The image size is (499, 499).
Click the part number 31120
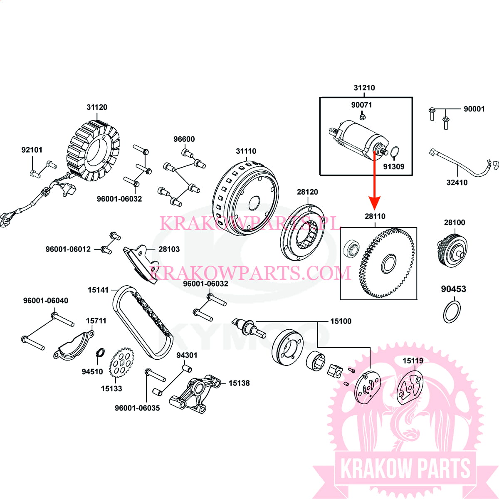coord(97,107)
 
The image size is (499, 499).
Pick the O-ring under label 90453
coord(452,312)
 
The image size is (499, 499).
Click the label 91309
coord(393,167)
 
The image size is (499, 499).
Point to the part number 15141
coord(98,290)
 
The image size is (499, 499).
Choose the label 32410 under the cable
coord(457,183)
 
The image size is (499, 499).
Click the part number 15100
coord(341,321)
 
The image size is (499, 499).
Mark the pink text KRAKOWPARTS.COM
coord(250,273)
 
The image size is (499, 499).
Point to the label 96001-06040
coord(46,301)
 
